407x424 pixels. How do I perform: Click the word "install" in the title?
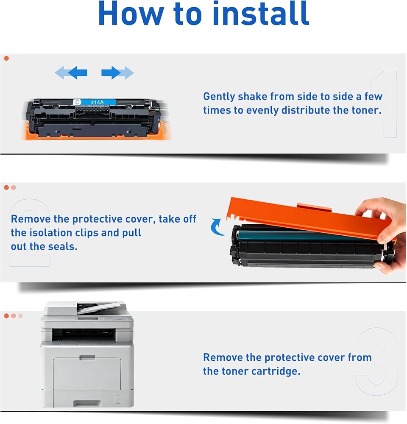click(x=261, y=13)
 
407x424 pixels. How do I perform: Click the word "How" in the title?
click(x=131, y=14)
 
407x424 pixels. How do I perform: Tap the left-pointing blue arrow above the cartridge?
click(x=71, y=73)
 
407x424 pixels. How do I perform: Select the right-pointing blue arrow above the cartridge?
click(x=117, y=73)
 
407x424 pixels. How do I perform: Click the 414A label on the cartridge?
click(x=98, y=102)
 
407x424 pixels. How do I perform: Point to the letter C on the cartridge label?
click(x=77, y=102)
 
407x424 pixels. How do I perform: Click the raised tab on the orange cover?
click(x=314, y=207)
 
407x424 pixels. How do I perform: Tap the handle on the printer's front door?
click(x=87, y=358)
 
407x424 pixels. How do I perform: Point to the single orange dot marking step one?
click(x=6, y=58)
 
